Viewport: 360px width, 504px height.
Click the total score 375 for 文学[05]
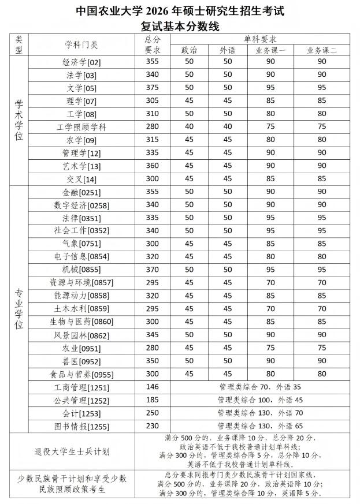click(152, 88)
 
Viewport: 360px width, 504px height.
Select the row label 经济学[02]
click(81, 62)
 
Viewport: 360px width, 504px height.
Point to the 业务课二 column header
click(322, 50)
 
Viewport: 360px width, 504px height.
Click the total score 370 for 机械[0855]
click(152, 270)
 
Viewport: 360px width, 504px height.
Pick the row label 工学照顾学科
click(81, 127)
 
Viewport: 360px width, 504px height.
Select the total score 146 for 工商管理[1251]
click(152, 387)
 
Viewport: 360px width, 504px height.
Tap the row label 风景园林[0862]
click(81, 334)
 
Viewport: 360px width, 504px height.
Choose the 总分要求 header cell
click(152, 44)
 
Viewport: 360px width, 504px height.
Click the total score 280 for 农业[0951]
click(152, 348)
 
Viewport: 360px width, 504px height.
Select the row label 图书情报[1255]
click(81, 426)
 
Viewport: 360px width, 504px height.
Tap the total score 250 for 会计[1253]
click(152, 413)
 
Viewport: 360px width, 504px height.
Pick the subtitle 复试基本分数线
click(180, 26)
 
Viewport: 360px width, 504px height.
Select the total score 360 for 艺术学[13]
click(152, 166)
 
